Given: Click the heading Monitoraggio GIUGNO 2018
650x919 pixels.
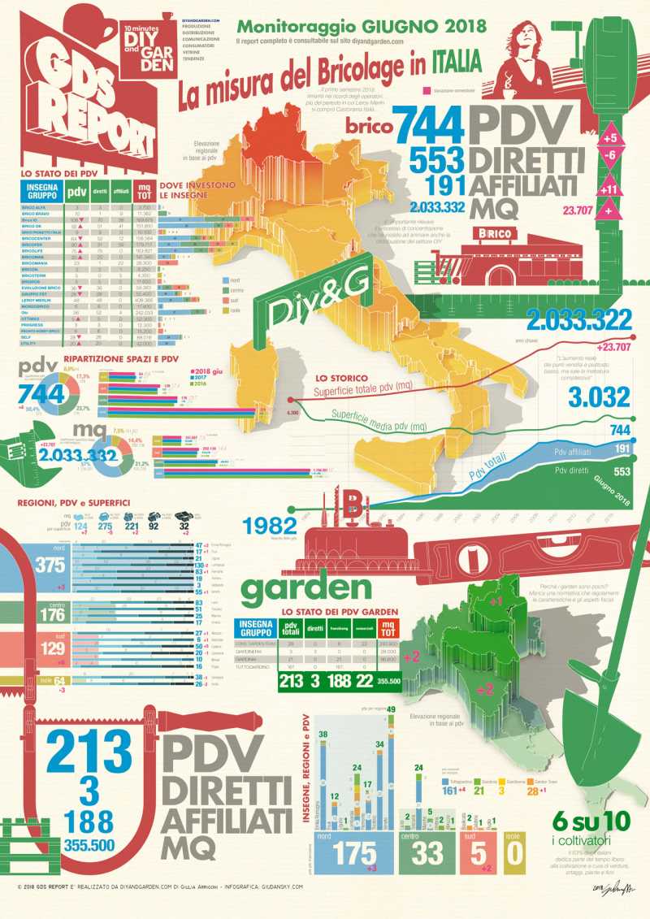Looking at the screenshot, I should [x=356, y=27].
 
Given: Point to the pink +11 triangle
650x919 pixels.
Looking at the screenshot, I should [x=611, y=190].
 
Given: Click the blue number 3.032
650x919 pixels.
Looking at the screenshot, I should [x=600, y=397].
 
